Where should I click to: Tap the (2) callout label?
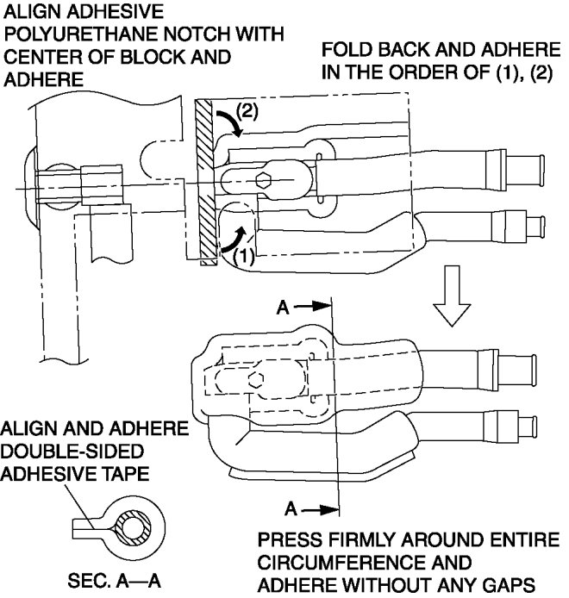(246, 111)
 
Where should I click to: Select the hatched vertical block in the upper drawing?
(204, 182)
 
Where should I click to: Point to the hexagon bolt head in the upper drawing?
(266, 182)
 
